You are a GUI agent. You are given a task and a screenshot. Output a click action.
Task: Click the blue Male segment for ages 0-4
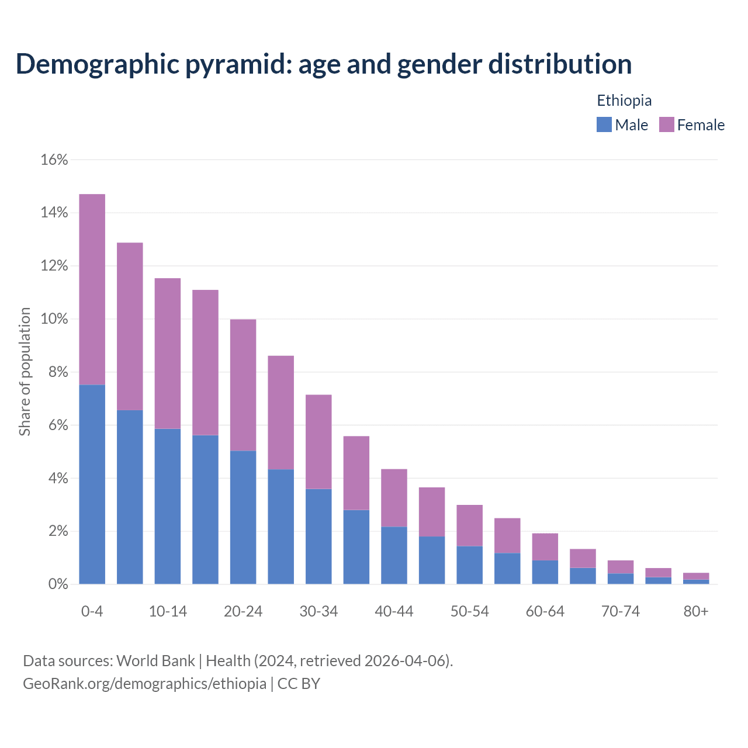[92, 484]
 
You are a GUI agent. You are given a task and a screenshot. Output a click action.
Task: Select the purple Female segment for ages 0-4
[92, 289]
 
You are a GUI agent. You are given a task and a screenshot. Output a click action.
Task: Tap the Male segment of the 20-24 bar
[243, 517]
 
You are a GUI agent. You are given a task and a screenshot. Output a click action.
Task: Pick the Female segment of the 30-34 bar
[318, 442]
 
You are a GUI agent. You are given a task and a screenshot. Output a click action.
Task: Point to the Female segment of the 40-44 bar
[394, 498]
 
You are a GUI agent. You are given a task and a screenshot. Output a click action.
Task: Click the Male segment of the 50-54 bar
[469, 565]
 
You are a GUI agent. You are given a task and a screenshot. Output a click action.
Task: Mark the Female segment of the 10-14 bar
[168, 354]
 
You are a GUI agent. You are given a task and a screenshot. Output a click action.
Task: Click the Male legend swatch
[604, 124]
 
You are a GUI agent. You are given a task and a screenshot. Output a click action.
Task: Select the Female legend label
[701, 125]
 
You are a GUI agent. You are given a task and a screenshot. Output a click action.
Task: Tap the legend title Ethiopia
[624, 101]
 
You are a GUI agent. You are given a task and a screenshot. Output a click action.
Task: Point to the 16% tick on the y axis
[54, 160]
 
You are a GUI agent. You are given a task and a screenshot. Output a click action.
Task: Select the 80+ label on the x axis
[696, 611]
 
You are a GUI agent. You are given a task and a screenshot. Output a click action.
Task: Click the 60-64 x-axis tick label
[545, 611]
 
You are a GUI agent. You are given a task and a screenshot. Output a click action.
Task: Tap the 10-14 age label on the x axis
[168, 611]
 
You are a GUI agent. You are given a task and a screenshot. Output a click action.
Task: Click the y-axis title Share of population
[25, 372]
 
